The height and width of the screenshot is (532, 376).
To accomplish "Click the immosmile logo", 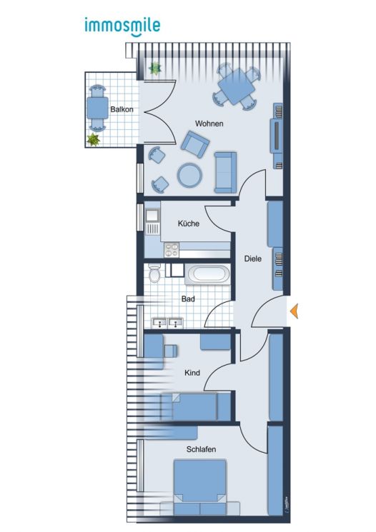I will pos(122,26).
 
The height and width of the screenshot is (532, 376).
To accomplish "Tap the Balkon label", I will pos(119,109).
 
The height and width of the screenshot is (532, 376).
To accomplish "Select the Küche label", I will pos(189,224).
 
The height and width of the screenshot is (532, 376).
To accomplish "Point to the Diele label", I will pos(252,259).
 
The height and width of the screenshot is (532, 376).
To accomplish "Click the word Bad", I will pos(188,299).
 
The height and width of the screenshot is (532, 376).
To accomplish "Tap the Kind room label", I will pos(192,373).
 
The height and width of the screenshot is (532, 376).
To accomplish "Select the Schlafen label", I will pos(201,449).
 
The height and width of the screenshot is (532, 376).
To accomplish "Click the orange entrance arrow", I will pos(293,310).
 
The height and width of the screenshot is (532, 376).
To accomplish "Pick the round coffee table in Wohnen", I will pos(190,175).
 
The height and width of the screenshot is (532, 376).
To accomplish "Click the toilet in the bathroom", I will pos(153,273).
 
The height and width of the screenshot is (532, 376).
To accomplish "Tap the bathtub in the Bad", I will pos(208,273).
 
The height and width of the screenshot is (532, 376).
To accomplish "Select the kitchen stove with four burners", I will pos(172,249).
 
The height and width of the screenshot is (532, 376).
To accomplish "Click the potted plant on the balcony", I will pos(93,140).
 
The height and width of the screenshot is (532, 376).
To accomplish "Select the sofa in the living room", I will pos(224,172).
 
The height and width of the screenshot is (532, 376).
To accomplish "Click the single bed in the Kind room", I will pos(190,407).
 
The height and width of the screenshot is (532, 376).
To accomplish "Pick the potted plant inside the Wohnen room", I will pos(154,69).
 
